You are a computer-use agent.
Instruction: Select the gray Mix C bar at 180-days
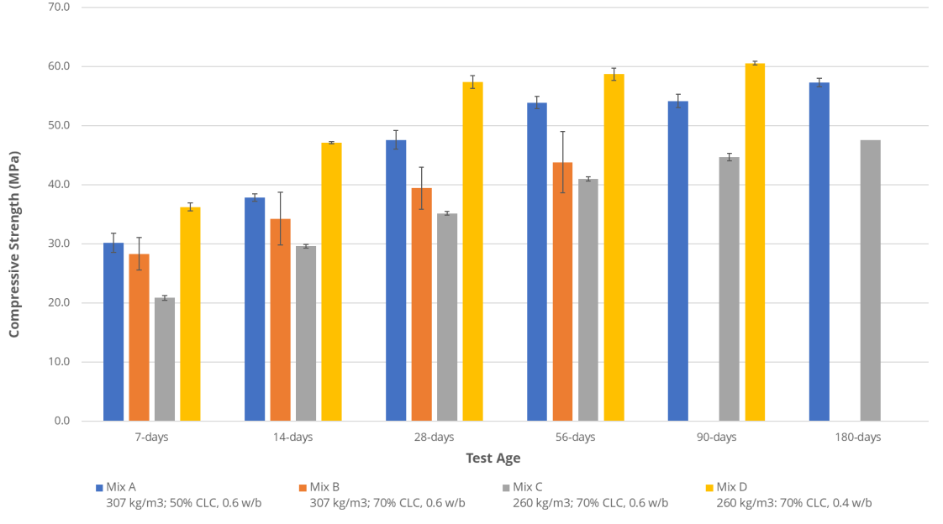tap(870, 280)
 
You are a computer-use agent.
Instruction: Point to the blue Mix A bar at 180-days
tap(819, 252)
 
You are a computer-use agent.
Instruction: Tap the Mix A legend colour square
tap(98, 487)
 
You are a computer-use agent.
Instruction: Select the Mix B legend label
tap(324, 487)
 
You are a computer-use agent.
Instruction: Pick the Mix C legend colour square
tap(505, 487)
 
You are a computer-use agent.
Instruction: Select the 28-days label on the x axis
tap(435, 438)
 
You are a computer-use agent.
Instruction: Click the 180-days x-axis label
tap(857, 438)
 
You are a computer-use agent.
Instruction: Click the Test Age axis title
tap(493, 458)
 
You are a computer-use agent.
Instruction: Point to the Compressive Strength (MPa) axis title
tap(14, 244)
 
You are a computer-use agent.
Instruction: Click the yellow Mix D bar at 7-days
tap(190, 314)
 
